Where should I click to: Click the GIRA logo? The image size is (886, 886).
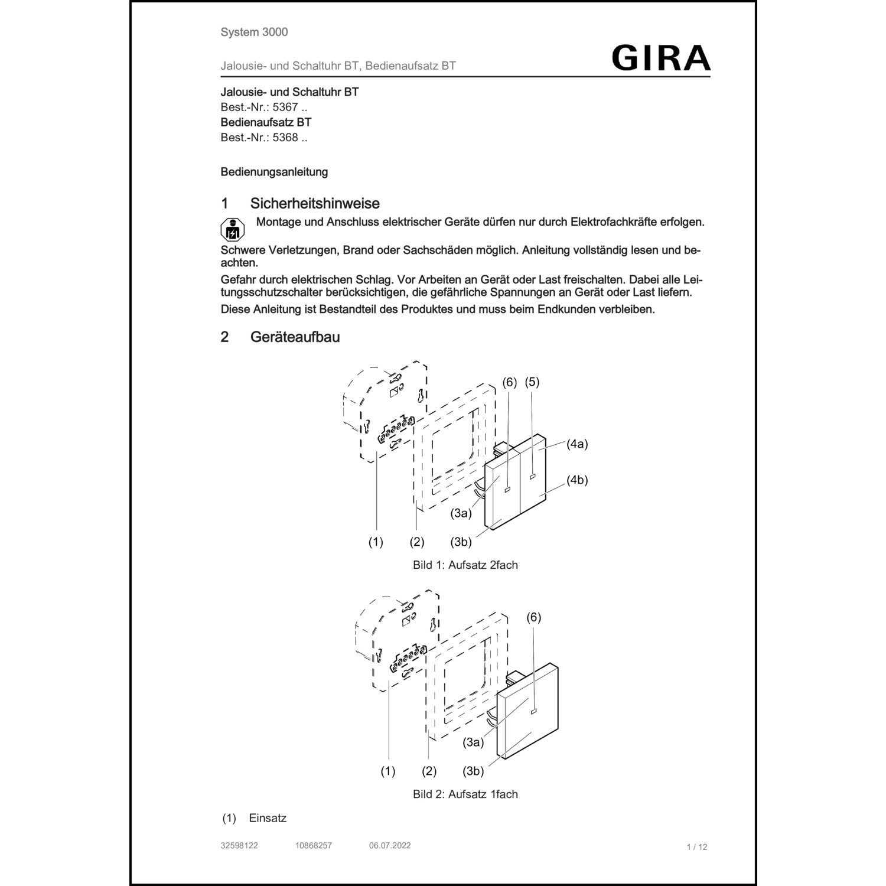[661, 58]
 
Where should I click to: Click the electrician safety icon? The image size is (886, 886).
[232, 229]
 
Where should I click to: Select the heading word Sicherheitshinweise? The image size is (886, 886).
[315, 204]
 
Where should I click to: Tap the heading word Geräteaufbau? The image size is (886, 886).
[295, 337]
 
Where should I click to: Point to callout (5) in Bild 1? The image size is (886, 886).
[532, 382]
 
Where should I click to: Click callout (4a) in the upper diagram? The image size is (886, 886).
[577, 444]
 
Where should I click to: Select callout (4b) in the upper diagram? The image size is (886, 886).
[577, 480]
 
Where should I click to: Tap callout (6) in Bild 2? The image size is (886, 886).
[533, 617]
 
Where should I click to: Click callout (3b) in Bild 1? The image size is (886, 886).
[461, 542]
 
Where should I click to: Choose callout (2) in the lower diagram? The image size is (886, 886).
[429, 771]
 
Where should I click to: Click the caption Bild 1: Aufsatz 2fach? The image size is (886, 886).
[465, 565]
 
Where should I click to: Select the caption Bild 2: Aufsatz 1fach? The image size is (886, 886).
[465, 794]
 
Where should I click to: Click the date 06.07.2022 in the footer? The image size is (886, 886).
[390, 845]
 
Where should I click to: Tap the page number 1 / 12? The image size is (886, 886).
[697, 847]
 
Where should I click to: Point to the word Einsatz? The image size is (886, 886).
[268, 818]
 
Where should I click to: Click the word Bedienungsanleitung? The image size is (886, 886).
[274, 172]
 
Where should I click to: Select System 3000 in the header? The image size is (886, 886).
[254, 32]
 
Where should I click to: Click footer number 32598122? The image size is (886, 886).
[239, 845]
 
